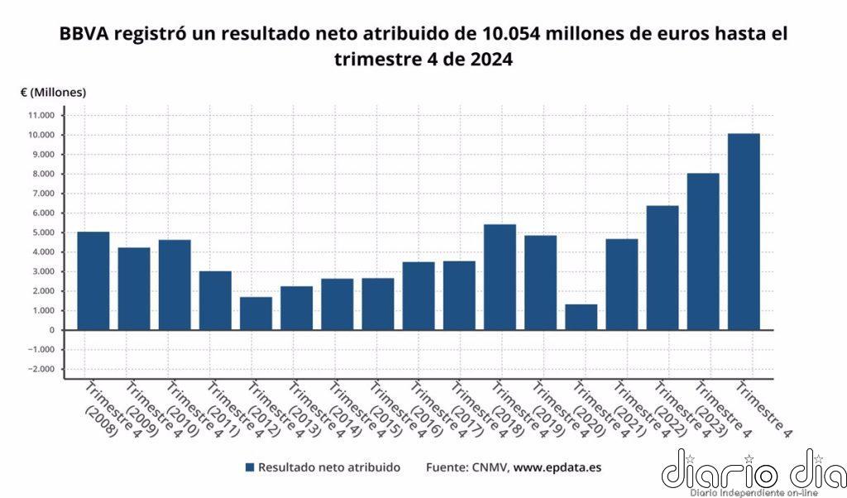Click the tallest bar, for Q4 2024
pos(743,232)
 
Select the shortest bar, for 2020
pos(581,317)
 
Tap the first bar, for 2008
pos(93,280)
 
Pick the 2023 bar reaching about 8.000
pos(702,251)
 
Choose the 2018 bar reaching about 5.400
pos(500,277)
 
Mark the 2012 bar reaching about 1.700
pos(256,314)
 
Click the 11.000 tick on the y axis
pos(41,115)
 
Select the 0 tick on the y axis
pos(51,330)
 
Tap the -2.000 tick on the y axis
pos(40,369)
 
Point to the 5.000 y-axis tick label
pos(42,232)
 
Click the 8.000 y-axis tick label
pos(42,174)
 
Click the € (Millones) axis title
pos(53,92)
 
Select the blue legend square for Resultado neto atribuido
pos(249,467)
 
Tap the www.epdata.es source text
pos(557,467)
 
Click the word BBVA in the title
pos(84,35)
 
